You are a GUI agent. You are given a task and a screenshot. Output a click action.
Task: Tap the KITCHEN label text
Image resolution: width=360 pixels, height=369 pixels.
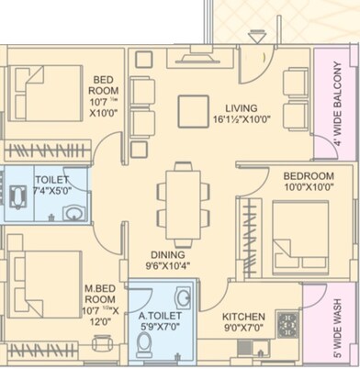243,314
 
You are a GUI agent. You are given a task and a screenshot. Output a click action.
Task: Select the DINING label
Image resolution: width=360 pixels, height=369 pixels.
167,254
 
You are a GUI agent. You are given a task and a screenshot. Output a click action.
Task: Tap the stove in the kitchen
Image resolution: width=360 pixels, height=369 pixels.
289,326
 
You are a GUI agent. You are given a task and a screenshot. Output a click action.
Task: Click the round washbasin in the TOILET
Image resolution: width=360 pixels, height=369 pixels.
73,212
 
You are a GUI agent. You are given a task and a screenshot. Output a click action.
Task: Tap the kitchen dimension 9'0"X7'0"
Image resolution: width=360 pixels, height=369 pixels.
243,327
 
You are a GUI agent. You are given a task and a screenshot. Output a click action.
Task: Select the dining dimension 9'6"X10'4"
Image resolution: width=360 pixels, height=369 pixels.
167,266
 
